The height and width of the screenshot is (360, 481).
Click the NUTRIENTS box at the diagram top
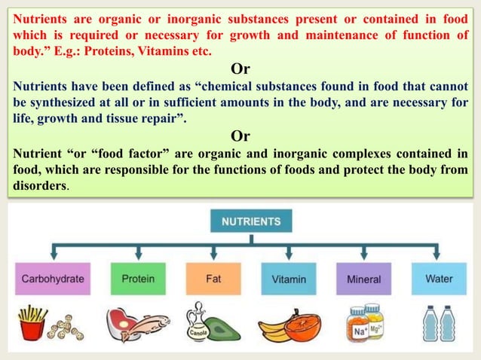(x=252, y=222)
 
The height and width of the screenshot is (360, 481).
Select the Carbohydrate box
(x=53, y=279)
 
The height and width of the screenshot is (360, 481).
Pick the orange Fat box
(x=213, y=279)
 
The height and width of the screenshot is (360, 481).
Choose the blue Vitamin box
(x=289, y=279)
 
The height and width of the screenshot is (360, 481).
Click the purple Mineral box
(x=363, y=279)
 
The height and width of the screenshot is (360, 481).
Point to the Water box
(x=439, y=279)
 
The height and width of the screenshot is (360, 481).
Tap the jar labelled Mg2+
(x=374, y=319)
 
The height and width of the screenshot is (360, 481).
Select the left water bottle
(x=430, y=325)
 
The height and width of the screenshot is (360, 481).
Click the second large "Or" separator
(x=240, y=136)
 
